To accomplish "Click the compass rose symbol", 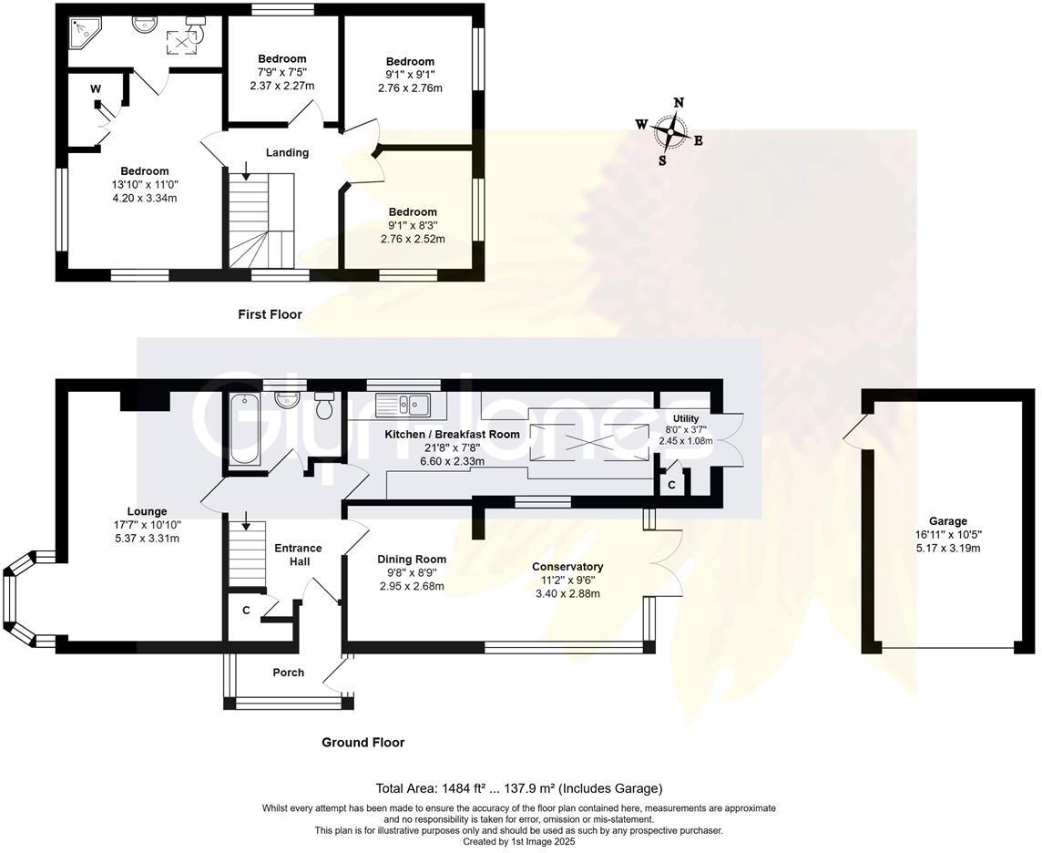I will (x=670, y=133).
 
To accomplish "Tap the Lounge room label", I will (x=147, y=511).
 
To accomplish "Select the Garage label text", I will (x=948, y=521).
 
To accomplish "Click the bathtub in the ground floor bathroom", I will (x=243, y=428).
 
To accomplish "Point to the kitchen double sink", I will (x=408, y=402).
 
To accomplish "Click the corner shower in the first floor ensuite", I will (x=86, y=33).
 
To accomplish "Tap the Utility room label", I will (x=685, y=417).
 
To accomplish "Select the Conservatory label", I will (x=567, y=567).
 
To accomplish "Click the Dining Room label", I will (x=412, y=560).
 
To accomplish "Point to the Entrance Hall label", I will (x=298, y=554).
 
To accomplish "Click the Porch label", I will (x=289, y=673).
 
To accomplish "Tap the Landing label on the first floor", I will (x=287, y=152).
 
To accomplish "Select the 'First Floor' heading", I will (x=270, y=314).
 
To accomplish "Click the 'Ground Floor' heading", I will (x=363, y=742).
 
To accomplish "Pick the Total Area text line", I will (x=519, y=788).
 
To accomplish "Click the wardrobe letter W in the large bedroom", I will (x=96, y=88).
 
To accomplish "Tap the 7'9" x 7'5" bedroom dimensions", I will (x=281, y=73).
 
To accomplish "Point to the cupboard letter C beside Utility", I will (x=671, y=485).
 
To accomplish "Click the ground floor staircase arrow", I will (x=244, y=522).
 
